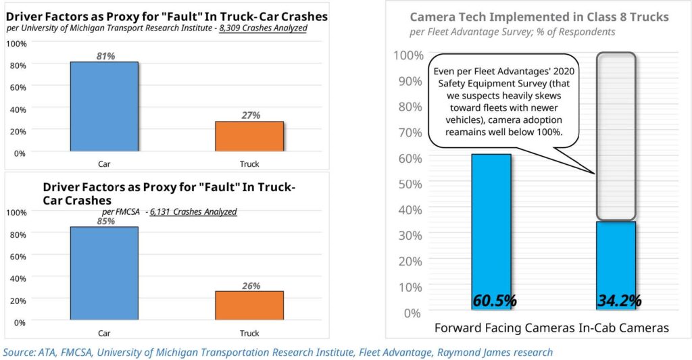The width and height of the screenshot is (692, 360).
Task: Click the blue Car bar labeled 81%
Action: pos(104,107)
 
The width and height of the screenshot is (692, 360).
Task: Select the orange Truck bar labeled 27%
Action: pos(249,136)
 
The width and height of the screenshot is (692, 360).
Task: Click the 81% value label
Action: pos(105,56)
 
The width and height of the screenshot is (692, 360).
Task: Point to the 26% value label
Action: pos(250,286)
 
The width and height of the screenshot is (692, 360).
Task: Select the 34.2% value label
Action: pos(619,301)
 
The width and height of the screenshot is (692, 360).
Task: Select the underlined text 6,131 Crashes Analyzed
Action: pos(193,211)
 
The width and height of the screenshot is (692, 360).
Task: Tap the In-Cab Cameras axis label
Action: pos(626,328)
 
